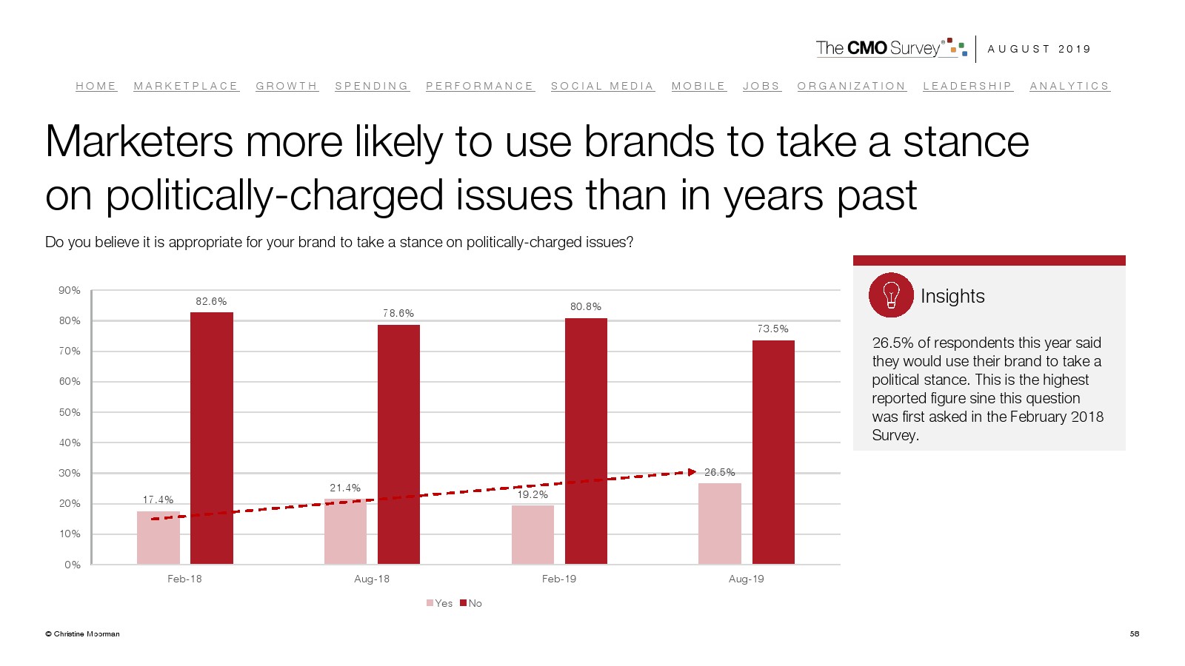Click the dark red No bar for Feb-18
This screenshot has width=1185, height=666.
point(212,438)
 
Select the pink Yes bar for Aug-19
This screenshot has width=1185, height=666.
point(720,524)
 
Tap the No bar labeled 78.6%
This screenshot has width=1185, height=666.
point(398,444)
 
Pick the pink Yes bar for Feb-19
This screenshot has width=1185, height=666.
point(533,535)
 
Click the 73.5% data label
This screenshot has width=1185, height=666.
point(772,329)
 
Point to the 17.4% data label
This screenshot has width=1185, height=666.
point(158,500)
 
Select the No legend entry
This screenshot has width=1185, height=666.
point(471,603)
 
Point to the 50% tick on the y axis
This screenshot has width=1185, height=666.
point(70,412)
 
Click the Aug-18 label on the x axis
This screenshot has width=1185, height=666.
point(372,579)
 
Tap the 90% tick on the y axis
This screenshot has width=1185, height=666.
point(70,291)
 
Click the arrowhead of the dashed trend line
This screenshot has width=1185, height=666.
point(692,472)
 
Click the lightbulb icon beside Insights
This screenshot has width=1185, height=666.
point(891,295)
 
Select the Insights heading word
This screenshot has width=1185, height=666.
point(952,296)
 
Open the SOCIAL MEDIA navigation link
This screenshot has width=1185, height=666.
point(602,87)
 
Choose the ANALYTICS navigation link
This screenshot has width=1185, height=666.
point(1069,87)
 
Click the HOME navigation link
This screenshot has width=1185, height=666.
point(96,87)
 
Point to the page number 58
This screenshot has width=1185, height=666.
point(1134,633)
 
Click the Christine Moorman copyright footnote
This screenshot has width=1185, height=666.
point(82,633)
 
